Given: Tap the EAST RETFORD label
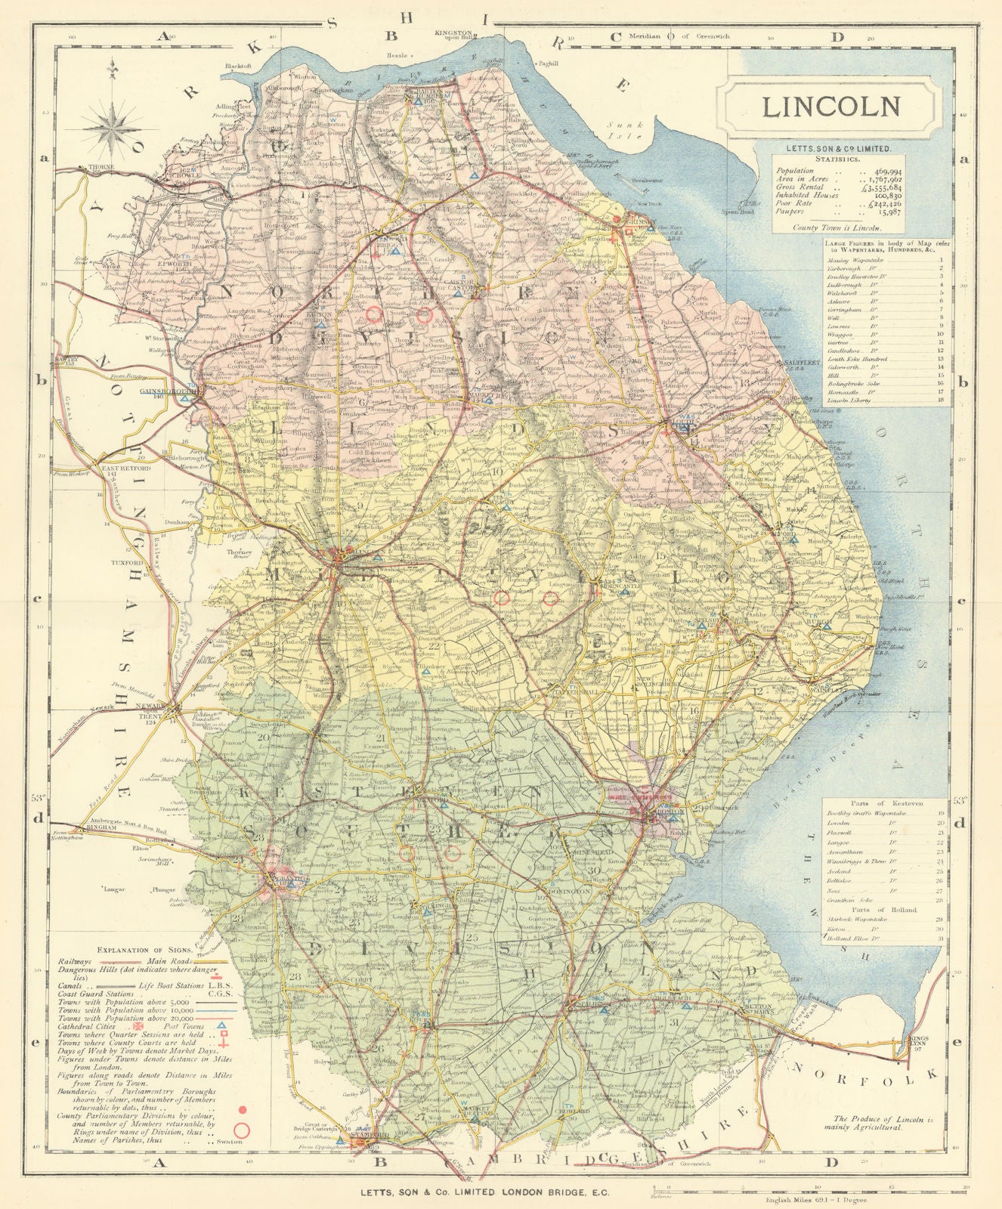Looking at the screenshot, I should (x=125, y=468).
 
